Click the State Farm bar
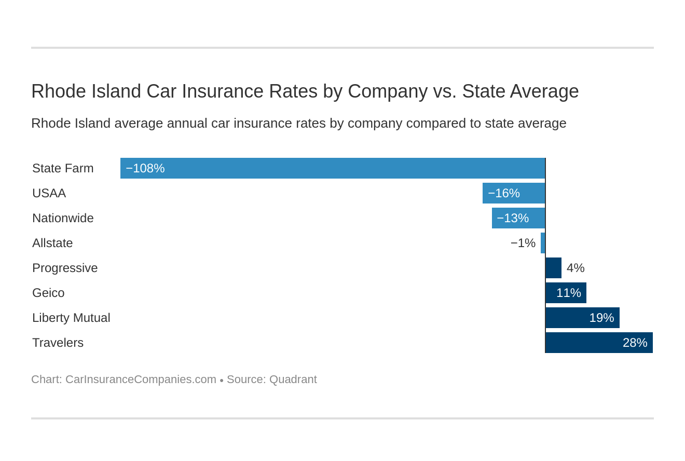(332, 168)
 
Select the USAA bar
(514, 193)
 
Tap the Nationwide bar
(518, 218)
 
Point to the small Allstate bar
(543, 243)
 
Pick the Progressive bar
(553, 268)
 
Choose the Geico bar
(566, 293)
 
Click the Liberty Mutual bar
(582, 318)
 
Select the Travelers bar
(599, 343)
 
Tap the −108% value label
(145, 168)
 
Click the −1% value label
(523, 243)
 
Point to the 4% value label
(576, 268)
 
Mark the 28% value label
(635, 343)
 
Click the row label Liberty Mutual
(71, 318)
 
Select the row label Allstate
(52, 243)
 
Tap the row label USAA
(49, 193)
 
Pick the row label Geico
(48, 293)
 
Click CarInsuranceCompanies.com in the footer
(141, 379)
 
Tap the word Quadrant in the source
(293, 379)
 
